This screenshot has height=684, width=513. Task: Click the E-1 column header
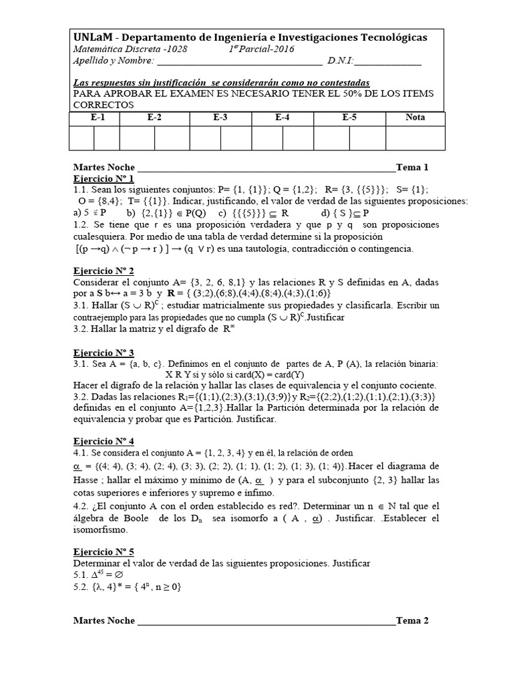tap(97, 118)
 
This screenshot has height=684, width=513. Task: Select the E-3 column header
tap(220, 118)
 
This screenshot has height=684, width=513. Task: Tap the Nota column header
tap(415, 118)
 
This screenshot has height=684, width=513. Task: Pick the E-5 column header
tap(349, 118)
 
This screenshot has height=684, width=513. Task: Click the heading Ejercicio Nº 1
tap(104, 179)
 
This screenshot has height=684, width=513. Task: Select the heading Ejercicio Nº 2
tap(104, 271)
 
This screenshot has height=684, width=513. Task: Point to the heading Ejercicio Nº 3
tap(104, 352)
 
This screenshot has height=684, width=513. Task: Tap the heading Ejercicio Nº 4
tap(104, 442)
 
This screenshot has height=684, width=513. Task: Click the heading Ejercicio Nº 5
tap(104, 551)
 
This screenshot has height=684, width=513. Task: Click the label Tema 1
tap(412, 168)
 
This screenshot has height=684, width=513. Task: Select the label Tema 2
tap(412, 621)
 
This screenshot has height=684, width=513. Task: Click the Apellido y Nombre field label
tap(112, 62)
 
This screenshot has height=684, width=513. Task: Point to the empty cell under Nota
tap(415, 138)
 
